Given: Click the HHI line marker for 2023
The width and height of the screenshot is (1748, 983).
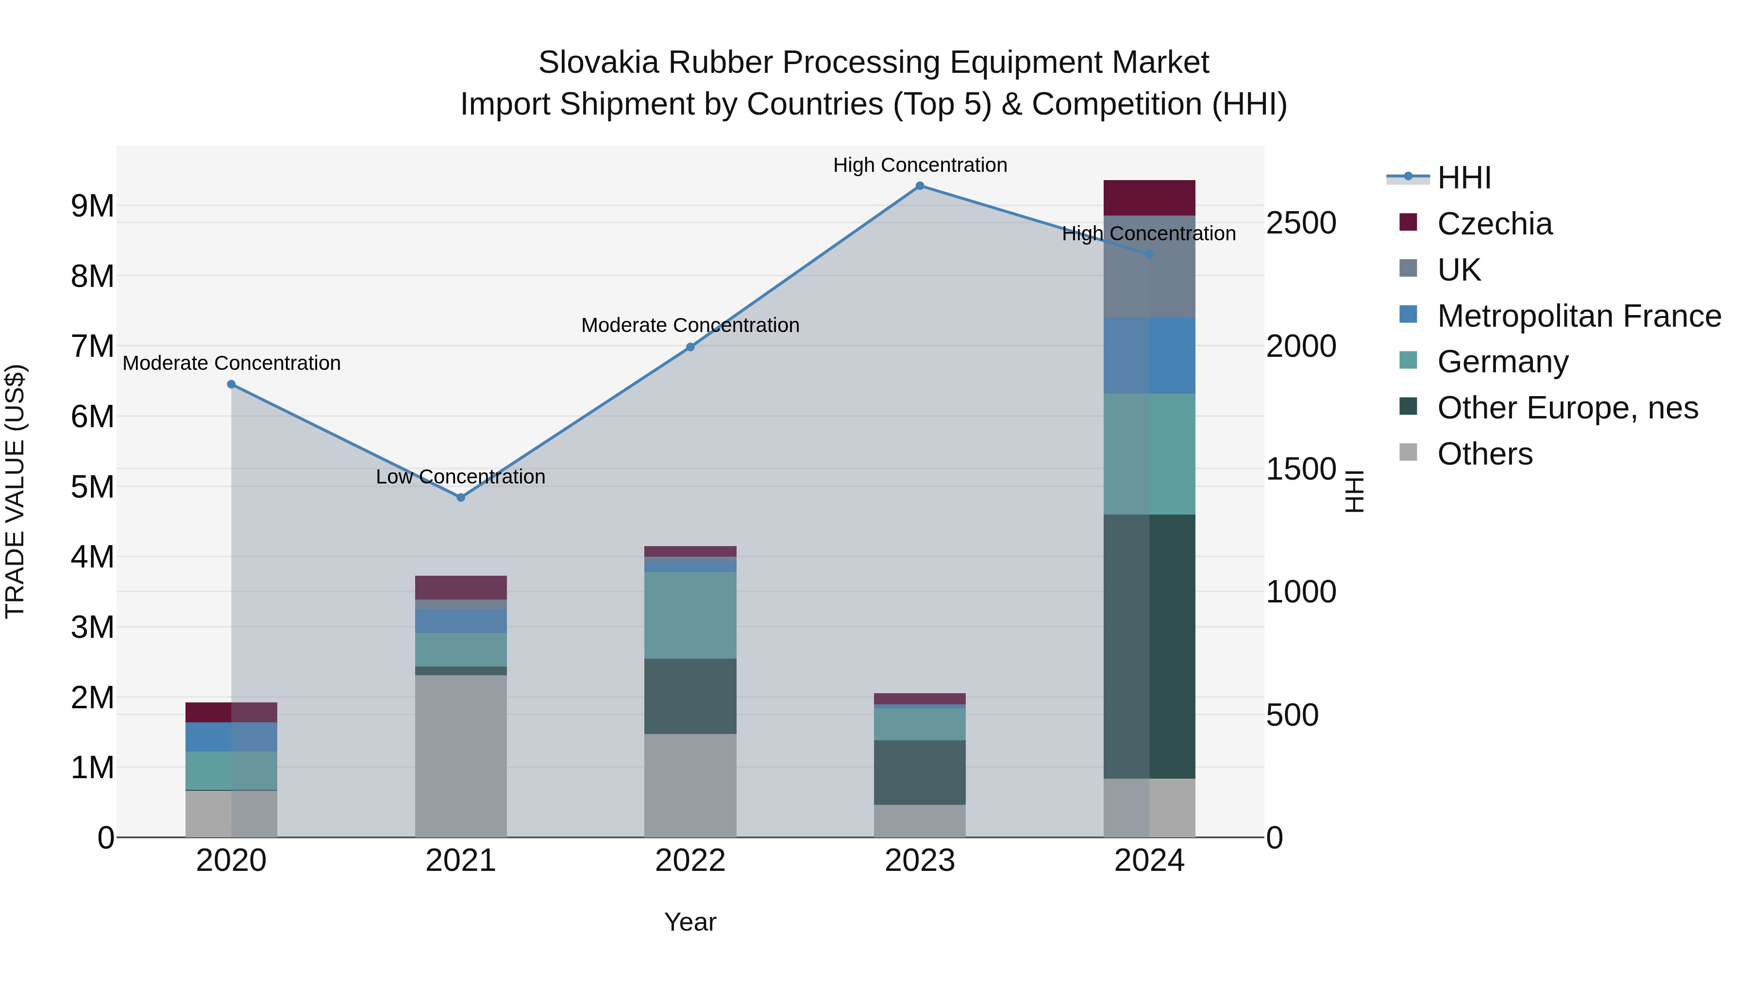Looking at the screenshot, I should coord(920,186).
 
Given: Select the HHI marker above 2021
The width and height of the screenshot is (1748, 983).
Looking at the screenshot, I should coord(461,497).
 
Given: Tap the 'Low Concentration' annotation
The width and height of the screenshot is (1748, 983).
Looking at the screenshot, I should coord(460,477).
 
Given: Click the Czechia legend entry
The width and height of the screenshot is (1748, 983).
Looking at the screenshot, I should coord(1494,224).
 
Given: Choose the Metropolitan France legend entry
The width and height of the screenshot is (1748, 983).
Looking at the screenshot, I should coord(1579,316).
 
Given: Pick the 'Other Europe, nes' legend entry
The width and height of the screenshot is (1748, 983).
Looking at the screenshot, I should coord(1567,408).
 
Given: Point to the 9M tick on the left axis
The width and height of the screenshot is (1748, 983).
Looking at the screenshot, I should coord(92,205).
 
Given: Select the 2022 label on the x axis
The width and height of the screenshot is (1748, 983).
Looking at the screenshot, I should coord(690,861).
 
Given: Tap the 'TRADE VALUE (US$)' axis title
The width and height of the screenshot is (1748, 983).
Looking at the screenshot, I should coord(15,491).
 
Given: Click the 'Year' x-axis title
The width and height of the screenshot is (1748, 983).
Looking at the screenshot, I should coord(690,922).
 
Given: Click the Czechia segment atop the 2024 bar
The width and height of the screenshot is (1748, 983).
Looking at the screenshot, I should coord(1149,198).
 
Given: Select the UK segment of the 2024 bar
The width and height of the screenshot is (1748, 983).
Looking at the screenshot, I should coord(1149,267).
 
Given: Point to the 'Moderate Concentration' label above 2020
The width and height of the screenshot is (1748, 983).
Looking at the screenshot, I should coord(232,363).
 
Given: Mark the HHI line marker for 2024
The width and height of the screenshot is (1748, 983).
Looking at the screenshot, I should coord(1149,254).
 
